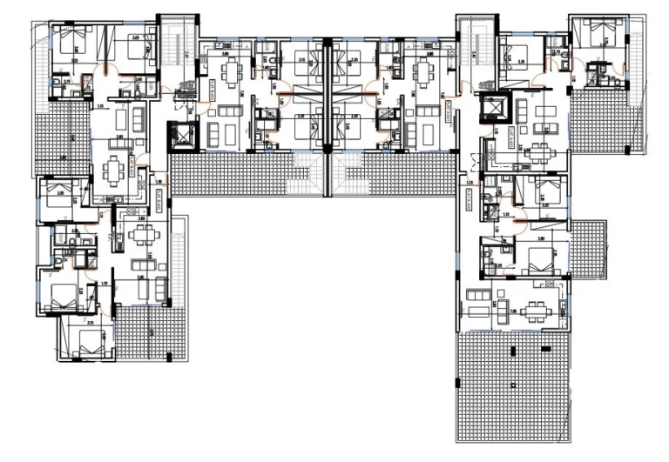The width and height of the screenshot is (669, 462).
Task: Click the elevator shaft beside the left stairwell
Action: tap(186, 137)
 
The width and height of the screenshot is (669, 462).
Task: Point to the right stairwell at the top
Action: tap(477, 52)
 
